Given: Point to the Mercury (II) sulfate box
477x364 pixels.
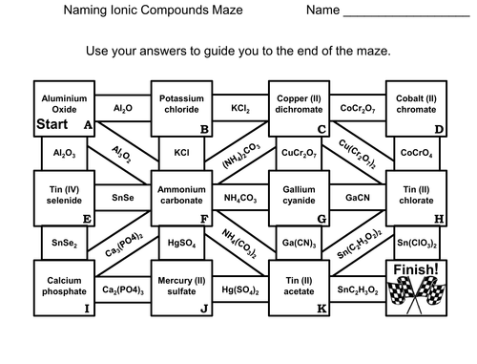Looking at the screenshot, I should tap(181, 285).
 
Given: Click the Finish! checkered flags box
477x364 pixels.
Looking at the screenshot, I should tap(416, 285).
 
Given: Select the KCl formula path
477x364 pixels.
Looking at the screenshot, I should tap(181, 152).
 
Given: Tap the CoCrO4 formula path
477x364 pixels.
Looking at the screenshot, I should tap(416, 152).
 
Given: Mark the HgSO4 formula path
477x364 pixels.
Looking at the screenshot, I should tap(181, 242).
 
